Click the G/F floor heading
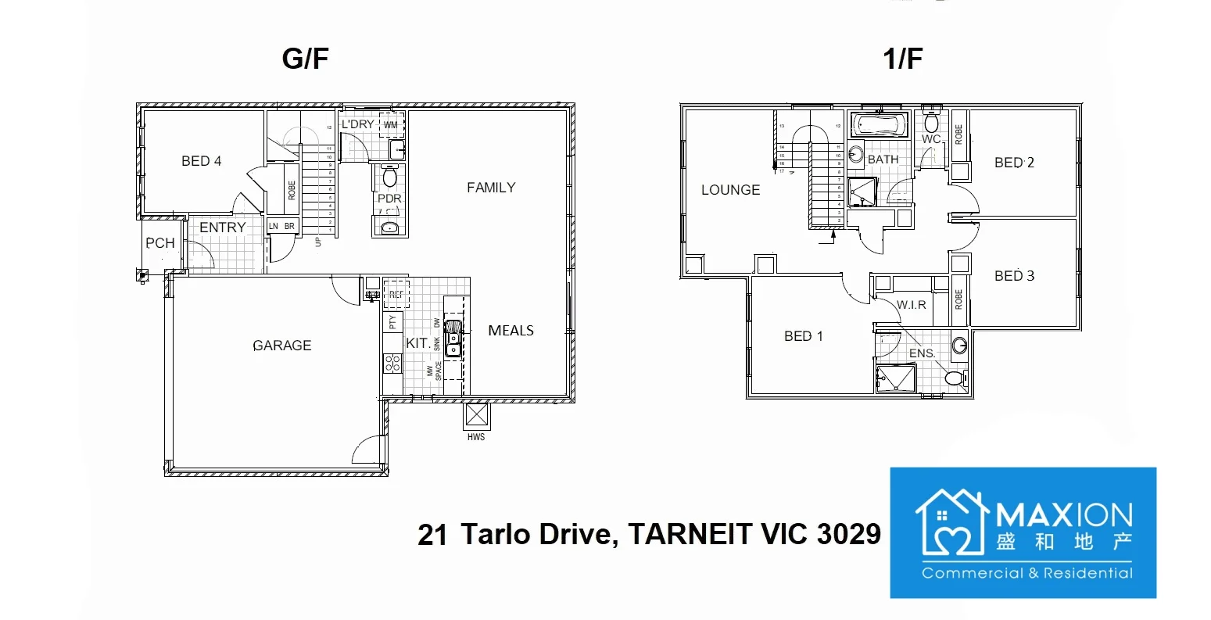[x=305, y=59]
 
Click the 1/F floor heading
[x=903, y=59]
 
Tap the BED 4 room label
[x=201, y=161]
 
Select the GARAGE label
[x=282, y=346]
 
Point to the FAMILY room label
[x=491, y=188]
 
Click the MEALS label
[x=511, y=331]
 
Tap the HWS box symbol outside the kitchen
[x=475, y=414]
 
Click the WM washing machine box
[x=391, y=125]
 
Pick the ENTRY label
[x=223, y=228]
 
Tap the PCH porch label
[x=160, y=243]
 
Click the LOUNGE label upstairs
[x=730, y=190]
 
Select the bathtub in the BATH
[x=879, y=125]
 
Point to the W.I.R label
[x=912, y=305]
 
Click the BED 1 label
[x=804, y=336]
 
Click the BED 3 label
[x=1014, y=276]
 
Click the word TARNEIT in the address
[x=680, y=534]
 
